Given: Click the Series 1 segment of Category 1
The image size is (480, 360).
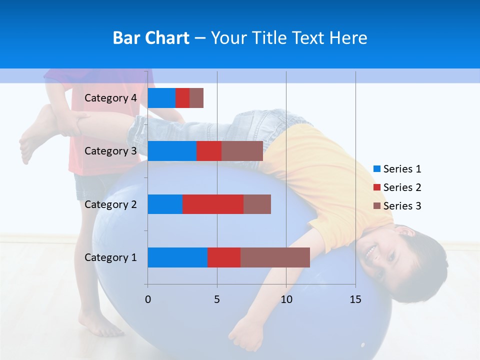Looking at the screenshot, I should (x=177, y=257).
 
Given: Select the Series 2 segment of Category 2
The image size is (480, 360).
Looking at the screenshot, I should (x=213, y=204).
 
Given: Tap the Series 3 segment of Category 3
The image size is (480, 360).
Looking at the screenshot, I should (x=242, y=151).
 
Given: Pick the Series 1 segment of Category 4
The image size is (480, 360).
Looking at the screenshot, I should (x=161, y=98).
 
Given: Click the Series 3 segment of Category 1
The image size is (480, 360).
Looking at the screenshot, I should (x=275, y=257).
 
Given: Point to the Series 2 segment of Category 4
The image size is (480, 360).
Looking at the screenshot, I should (x=182, y=98).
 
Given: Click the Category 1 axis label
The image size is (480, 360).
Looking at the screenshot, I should (x=110, y=257).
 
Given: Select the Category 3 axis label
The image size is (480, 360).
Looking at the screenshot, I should (x=110, y=151).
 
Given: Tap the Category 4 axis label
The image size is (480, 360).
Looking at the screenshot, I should (x=110, y=98).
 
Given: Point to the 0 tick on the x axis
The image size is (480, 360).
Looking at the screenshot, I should (x=148, y=299).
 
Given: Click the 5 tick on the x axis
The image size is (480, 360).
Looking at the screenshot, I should (x=217, y=299).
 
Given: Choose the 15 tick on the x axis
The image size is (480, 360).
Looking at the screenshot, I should (x=355, y=299).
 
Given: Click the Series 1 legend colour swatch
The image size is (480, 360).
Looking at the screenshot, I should (x=377, y=169).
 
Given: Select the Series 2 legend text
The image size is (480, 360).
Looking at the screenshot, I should (x=402, y=187).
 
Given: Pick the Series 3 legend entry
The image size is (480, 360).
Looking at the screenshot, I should (x=397, y=206).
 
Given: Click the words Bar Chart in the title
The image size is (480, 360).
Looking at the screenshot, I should (x=151, y=38).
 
